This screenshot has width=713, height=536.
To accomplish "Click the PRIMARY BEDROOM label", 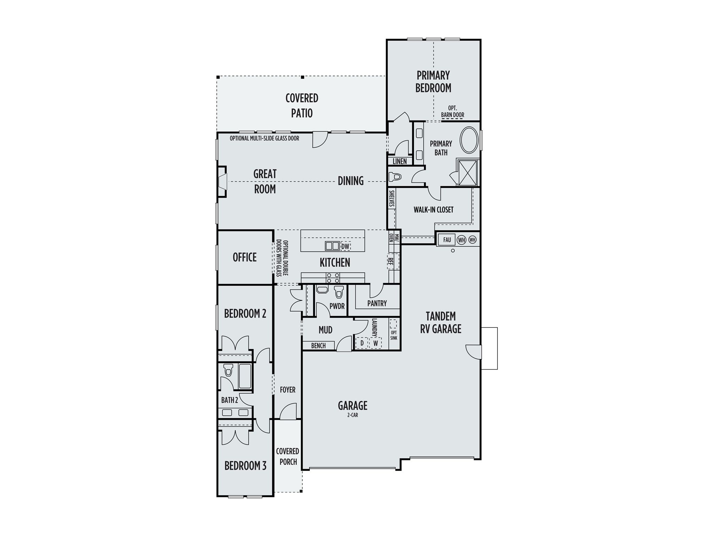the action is click(x=433, y=82).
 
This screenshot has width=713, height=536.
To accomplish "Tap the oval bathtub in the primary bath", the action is click(x=470, y=140).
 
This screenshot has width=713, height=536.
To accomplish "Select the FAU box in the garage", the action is click(x=447, y=240).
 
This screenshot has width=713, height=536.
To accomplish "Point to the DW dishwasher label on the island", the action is click(x=345, y=246).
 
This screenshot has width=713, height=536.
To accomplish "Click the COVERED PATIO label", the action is click(x=302, y=105).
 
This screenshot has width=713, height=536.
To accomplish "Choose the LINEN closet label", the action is click(x=400, y=161).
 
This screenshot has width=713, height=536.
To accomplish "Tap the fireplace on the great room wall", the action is click(x=222, y=181).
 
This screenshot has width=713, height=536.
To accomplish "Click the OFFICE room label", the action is click(x=245, y=257).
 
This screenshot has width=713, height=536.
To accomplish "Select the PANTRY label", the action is click(x=377, y=304).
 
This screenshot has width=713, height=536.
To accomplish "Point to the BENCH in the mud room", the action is click(x=318, y=346).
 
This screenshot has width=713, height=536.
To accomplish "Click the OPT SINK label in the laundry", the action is click(x=394, y=335).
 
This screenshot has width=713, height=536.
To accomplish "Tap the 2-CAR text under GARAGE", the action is click(x=353, y=415).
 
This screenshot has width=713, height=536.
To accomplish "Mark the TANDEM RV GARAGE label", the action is click(x=441, y=323).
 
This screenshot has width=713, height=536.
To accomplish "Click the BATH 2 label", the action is click(x=229, y=400).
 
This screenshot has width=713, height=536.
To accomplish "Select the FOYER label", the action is click(x=288, y=390).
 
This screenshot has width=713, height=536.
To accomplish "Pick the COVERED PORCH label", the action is click(x=288, y=457).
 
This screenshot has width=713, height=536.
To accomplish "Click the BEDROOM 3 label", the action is click(x=245, y=466).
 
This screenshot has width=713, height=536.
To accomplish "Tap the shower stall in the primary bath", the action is click(x=468, y=173).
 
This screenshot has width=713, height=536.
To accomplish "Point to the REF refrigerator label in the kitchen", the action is click(x=391, y=261).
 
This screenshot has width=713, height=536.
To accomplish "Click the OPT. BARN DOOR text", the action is click(x=453, y=112).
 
